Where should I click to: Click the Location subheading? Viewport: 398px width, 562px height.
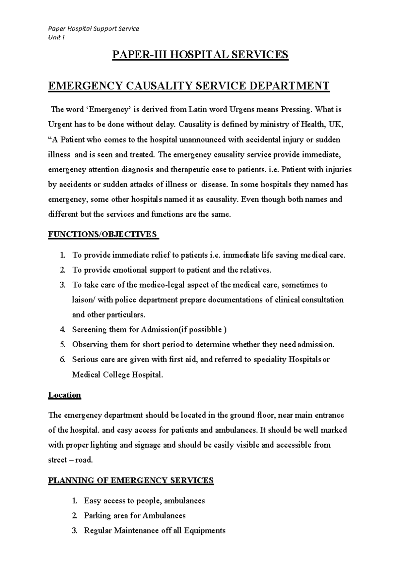[x=64, y=395]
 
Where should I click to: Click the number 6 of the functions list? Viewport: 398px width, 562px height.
[x=62, y=360]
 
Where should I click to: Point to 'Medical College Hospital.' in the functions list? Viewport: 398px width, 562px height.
[x=118, y=375]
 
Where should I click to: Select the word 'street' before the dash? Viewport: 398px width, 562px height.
[x=58, y=460]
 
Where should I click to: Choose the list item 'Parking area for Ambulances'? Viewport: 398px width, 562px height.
[x=135, y=516]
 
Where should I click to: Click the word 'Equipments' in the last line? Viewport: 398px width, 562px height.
[x=205, y=531]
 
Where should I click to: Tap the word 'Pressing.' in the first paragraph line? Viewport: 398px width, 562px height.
[x=296, y=109]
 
